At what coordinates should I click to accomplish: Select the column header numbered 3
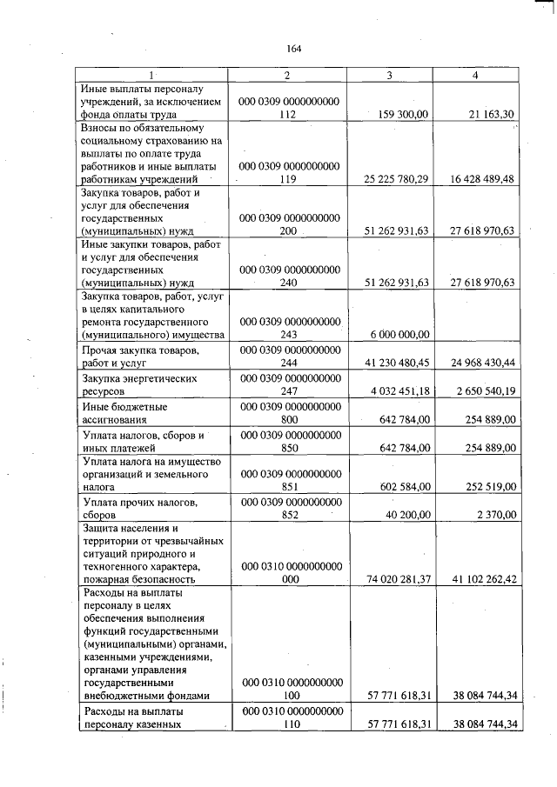388,76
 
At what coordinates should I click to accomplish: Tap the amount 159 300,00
399,114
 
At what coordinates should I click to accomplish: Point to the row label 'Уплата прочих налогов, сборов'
131,509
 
